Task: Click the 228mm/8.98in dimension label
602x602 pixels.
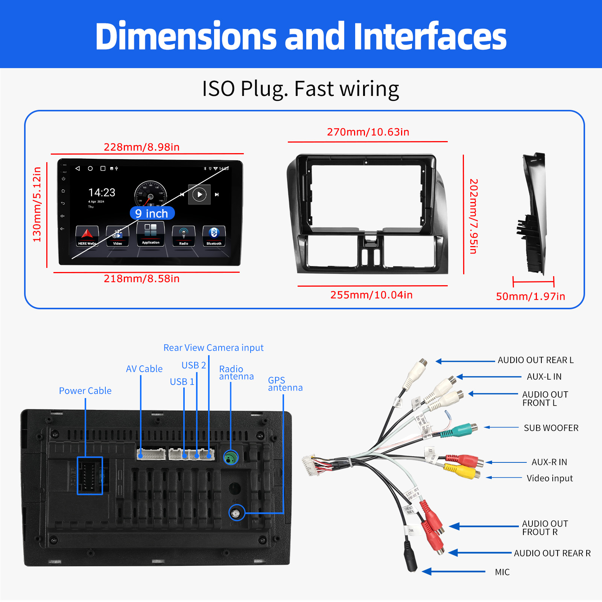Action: tap(141, 147)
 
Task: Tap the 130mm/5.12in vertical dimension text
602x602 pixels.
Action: tap(37, 205)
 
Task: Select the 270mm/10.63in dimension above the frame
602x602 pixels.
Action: tap(368, 132)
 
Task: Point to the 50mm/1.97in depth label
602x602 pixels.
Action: tap(531, 296)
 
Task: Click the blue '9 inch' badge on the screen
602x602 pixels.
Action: tap(152, 213)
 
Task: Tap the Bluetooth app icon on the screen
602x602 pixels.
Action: tap(214, 236)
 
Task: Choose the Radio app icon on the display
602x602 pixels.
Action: tap(184, 236)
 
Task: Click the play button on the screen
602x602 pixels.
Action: tap(199, 195)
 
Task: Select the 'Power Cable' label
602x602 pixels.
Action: tap(85, 391)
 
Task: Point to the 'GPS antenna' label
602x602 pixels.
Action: tap(285, 384)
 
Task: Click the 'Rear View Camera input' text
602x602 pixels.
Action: tap(213, 348)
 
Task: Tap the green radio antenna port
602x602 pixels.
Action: tap(231, 458)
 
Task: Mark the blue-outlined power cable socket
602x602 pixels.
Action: tap(90, 476)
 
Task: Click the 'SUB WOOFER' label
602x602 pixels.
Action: tap(551, 428)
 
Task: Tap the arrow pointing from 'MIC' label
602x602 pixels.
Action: tap(453, 572)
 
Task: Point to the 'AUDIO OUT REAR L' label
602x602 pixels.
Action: tap(535, 360)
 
